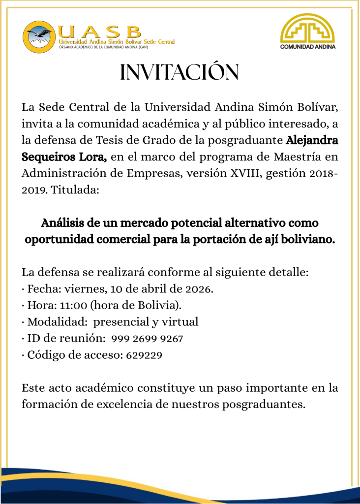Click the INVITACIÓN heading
tap(180, 72)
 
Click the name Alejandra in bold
tap(312, 140)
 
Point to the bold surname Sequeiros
tap(48, 157)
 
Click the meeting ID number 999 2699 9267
tap(148, 339)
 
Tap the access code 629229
tap(144, 355)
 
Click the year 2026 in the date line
tap(199, 289)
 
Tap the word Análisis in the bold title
tap(61, 223)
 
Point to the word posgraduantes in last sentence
tap(263, 405)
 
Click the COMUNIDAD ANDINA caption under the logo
tap(307, 48)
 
